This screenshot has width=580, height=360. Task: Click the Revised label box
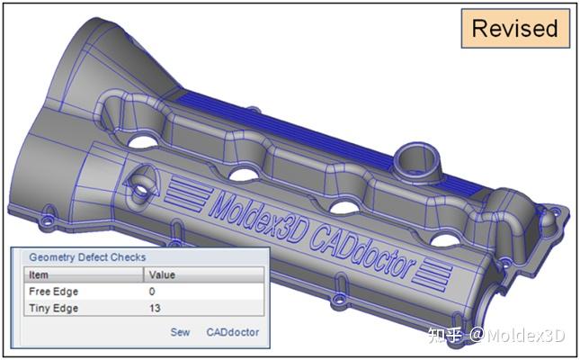pyautogui.click(x=515, y=29)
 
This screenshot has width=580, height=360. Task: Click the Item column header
pyautogui.click(x=39, y=274)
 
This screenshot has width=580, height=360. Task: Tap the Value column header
pyautogui.click(x=162, y=274)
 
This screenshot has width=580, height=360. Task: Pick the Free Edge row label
pyautogui.click(x=54, y=292)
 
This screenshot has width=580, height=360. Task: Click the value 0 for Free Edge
pyautogui.click(x=152, y=292)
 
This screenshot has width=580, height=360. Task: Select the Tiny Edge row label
pyautogui.click(x=53, y=309)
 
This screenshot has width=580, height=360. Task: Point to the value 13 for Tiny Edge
pyautogui.click(x=156, y=309)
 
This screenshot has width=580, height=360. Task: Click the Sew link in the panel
pyautogui.click(x=180, y=332)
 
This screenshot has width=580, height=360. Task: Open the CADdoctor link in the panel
pyautogui.click(x=232, y=332)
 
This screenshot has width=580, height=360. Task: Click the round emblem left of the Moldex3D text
pyautogui.click(x=144, y=187)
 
